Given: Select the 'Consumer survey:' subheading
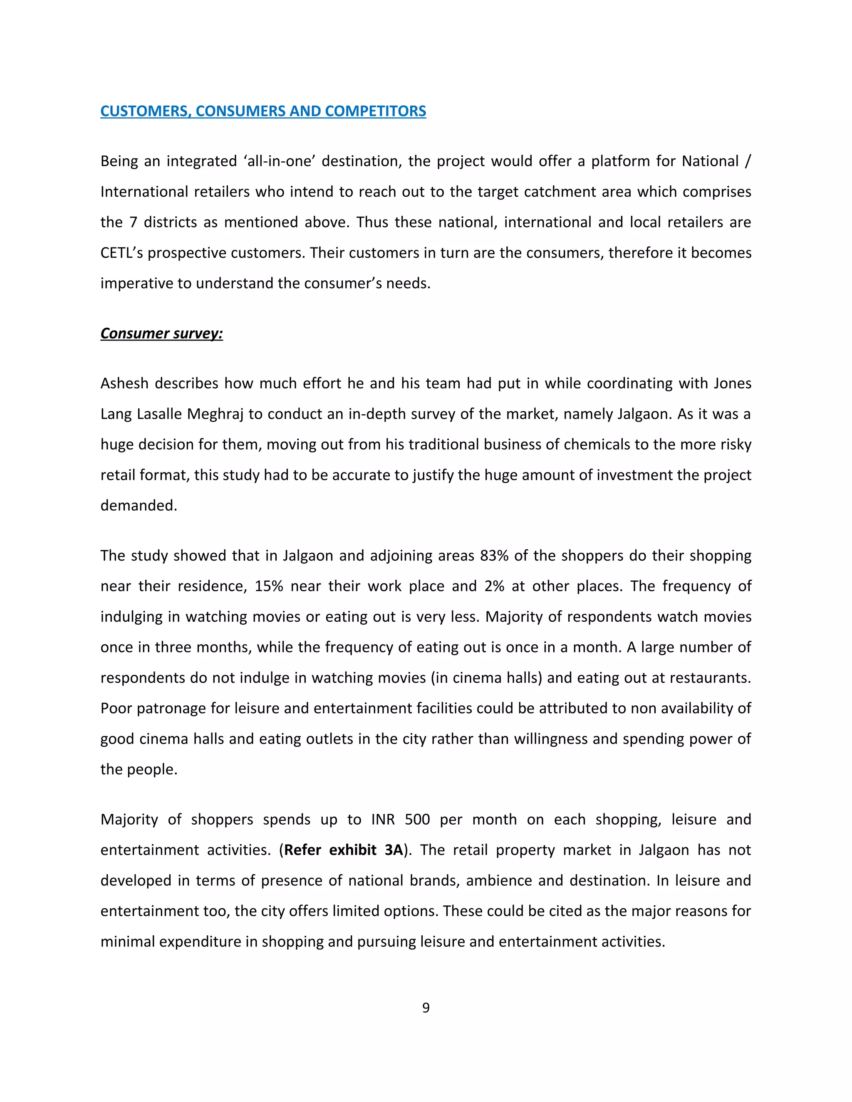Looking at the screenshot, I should click(x=161, y=334).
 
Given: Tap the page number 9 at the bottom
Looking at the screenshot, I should click(x=426, y=1008).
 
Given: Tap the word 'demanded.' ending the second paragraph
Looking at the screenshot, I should click(x=139, y=506).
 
